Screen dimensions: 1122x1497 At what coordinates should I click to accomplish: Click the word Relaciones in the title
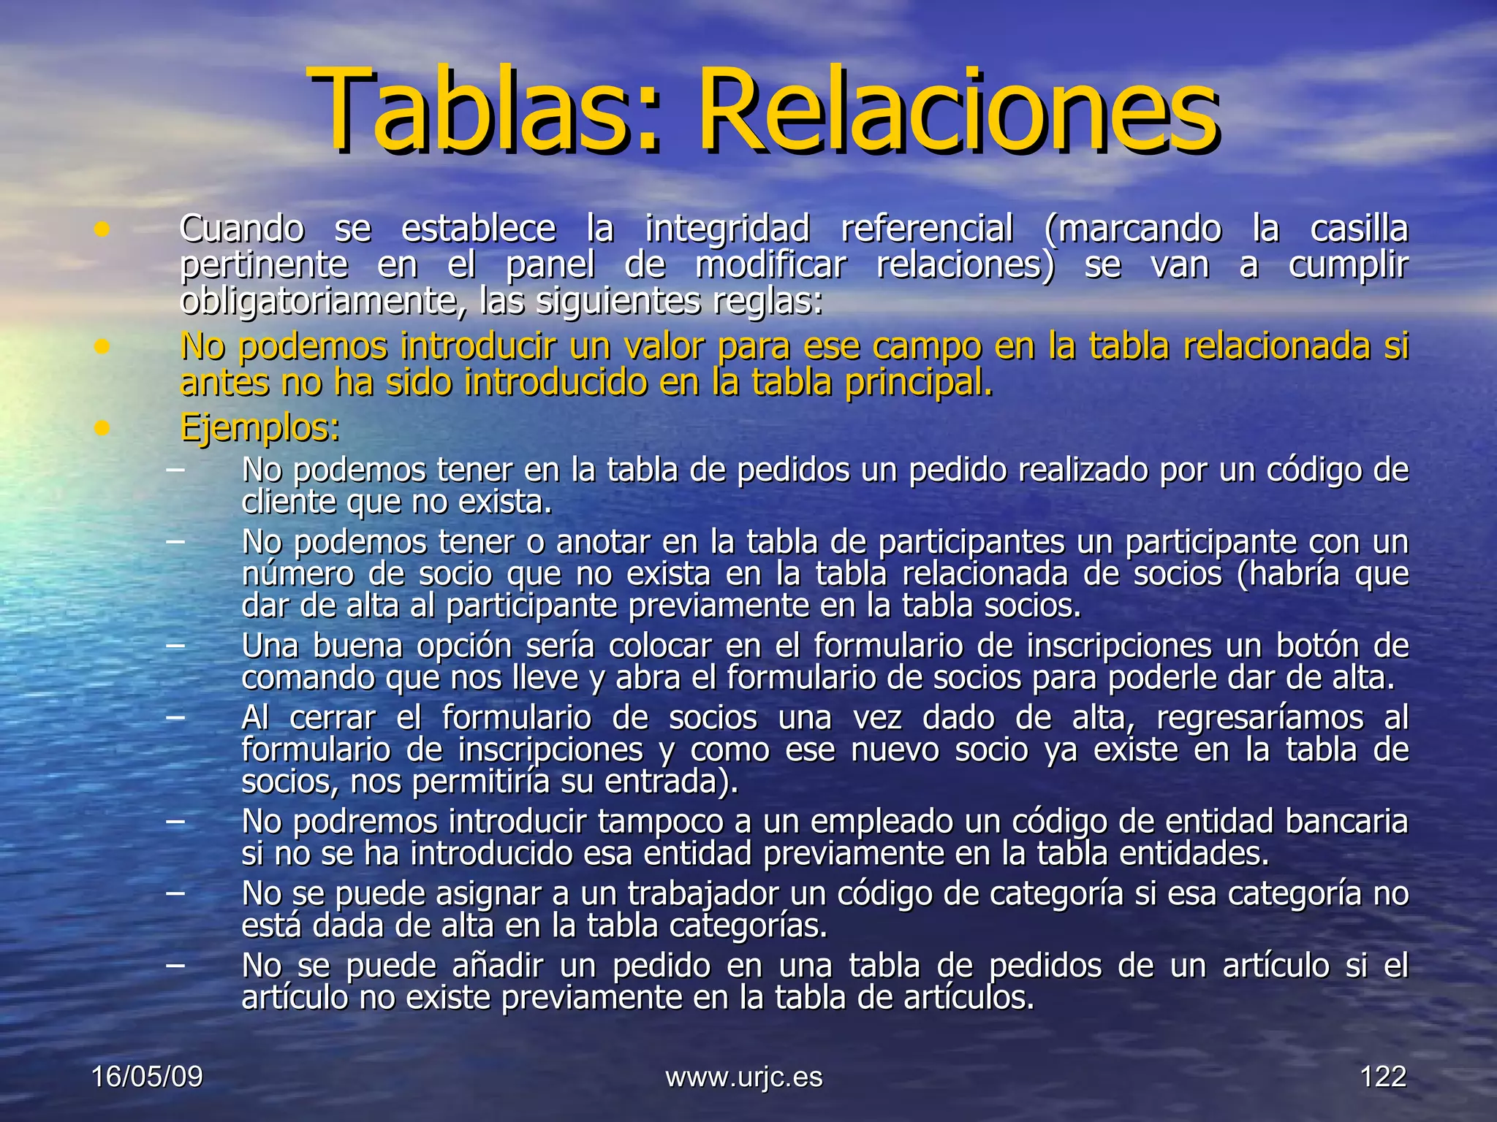pos(958,110)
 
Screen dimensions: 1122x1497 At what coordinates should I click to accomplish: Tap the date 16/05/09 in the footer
pos(147,1077)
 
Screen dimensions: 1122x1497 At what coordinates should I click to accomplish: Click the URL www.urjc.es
pos(743,1077)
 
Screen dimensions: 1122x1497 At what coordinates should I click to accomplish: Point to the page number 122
pos(1383,1077)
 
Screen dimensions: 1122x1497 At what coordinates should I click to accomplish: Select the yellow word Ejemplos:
pos(259,427)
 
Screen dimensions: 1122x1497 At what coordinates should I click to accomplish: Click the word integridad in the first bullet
pos(727,229)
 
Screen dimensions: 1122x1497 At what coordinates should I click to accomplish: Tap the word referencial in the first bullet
pos(927,229)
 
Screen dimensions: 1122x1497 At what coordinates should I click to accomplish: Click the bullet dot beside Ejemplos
pos(102,428)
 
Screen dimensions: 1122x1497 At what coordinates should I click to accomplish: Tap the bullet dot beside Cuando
pos(102,231)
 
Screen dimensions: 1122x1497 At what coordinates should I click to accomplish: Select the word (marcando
pos(1132,229)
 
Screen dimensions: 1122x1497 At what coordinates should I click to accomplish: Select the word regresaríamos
pos(1259,718)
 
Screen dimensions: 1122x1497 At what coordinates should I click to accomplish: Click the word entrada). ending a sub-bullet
pos(671,782)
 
